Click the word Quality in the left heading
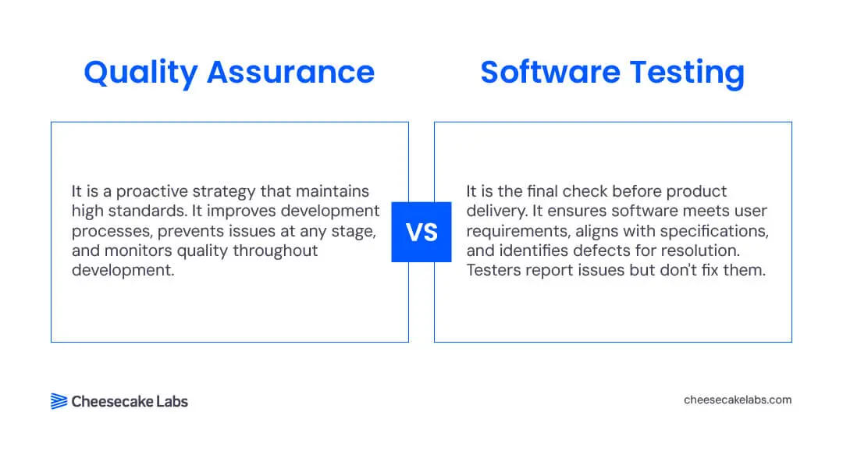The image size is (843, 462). tap(140, 73)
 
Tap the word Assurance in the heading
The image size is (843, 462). tap(291, 73)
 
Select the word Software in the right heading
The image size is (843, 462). tap(550, 72)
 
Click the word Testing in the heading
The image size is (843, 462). tap(687, 73)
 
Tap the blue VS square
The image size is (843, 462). tap(421, 232)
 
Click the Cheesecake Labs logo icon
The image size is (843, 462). tap(59, 401)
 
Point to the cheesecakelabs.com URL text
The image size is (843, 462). tap(738, 400)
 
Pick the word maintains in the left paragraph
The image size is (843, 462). tap(333, 191)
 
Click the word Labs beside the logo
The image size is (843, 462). tap(172, 401)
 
